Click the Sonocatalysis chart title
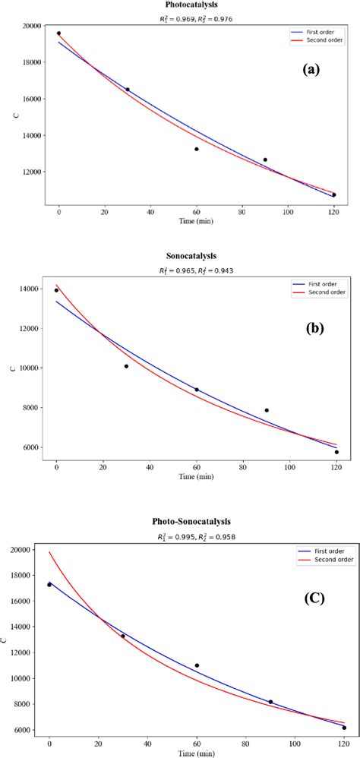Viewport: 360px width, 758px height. pos(194,257)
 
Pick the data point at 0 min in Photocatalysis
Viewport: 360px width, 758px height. pos(58,33)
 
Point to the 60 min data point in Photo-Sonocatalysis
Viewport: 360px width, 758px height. pos(197,665)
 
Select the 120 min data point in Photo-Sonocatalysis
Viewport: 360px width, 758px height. pos(344,728)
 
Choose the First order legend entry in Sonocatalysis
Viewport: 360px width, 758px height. pos(322,282)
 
